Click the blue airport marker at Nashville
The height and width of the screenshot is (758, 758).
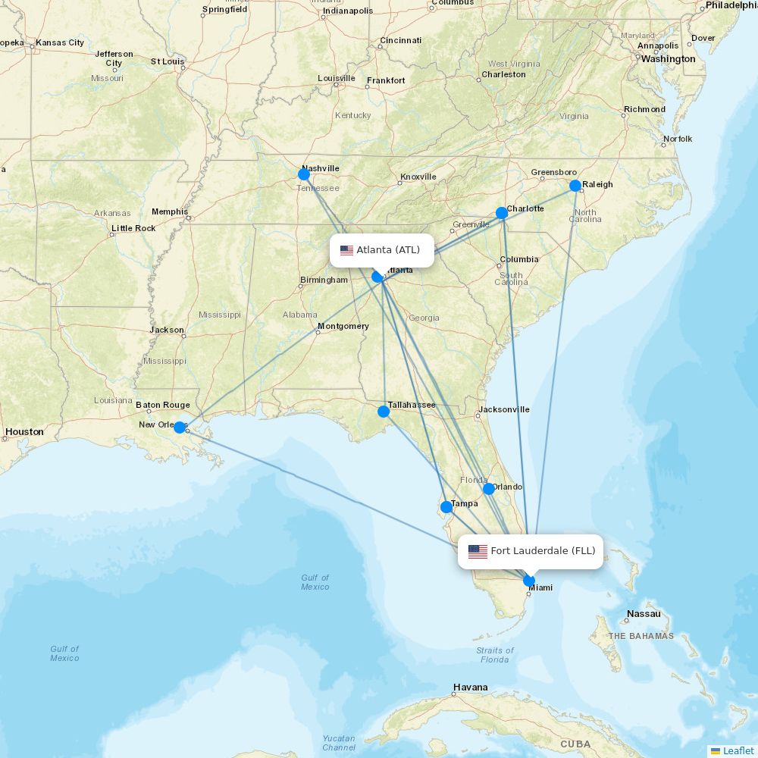click(x=304, y=174)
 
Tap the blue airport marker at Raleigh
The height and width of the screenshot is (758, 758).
click(x=575, y=186)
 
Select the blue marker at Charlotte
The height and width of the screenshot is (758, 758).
click(x=502, y=213)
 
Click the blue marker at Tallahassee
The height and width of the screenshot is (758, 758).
click(x=384, y=412)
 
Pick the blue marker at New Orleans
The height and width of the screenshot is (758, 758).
click(x=180, y=428)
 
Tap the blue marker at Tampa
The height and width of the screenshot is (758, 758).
click(x=446, y=507)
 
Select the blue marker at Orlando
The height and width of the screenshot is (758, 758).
click(x=489, y=489)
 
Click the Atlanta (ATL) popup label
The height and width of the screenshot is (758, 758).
click(x=381, y=250)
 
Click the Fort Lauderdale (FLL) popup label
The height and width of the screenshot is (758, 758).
click(x=531, y=551)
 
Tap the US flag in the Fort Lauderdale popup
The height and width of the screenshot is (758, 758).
click(x=478, y=552)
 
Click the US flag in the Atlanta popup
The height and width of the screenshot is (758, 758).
click(x=346, y=251)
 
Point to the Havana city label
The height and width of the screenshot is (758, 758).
click(x=470, y=688)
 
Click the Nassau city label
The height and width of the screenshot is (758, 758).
click(x=644, y=614)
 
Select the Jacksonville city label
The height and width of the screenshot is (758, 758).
click(x=503, y=409)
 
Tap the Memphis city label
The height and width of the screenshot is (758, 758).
click(x=170, y=211)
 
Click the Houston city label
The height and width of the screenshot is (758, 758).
click(x=24, y=432)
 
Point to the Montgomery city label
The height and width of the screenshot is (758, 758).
click(x=343, y=327)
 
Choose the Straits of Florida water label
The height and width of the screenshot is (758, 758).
click(x=494, y=655)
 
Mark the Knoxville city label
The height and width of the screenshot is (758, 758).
click(x=418, y=177)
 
